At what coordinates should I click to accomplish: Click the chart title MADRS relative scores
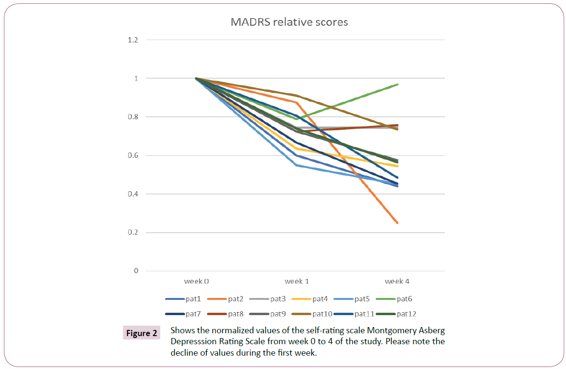point(289,22)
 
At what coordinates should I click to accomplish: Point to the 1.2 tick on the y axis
point(133,40)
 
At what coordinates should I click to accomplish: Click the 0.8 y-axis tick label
point(133,117)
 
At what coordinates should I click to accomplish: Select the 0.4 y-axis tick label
point(133,194)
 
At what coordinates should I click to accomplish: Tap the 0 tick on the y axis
point(136,271)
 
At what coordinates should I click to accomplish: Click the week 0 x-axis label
point(196,281)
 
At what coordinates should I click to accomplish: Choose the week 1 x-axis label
point(297,281)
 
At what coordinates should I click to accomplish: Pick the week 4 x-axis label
point(397,281)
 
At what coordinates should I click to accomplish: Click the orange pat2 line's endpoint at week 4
point(397,223)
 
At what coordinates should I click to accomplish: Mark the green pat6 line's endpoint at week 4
point(397,84)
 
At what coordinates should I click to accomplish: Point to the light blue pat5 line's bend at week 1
point(297,165)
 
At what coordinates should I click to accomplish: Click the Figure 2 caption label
point(141,333)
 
